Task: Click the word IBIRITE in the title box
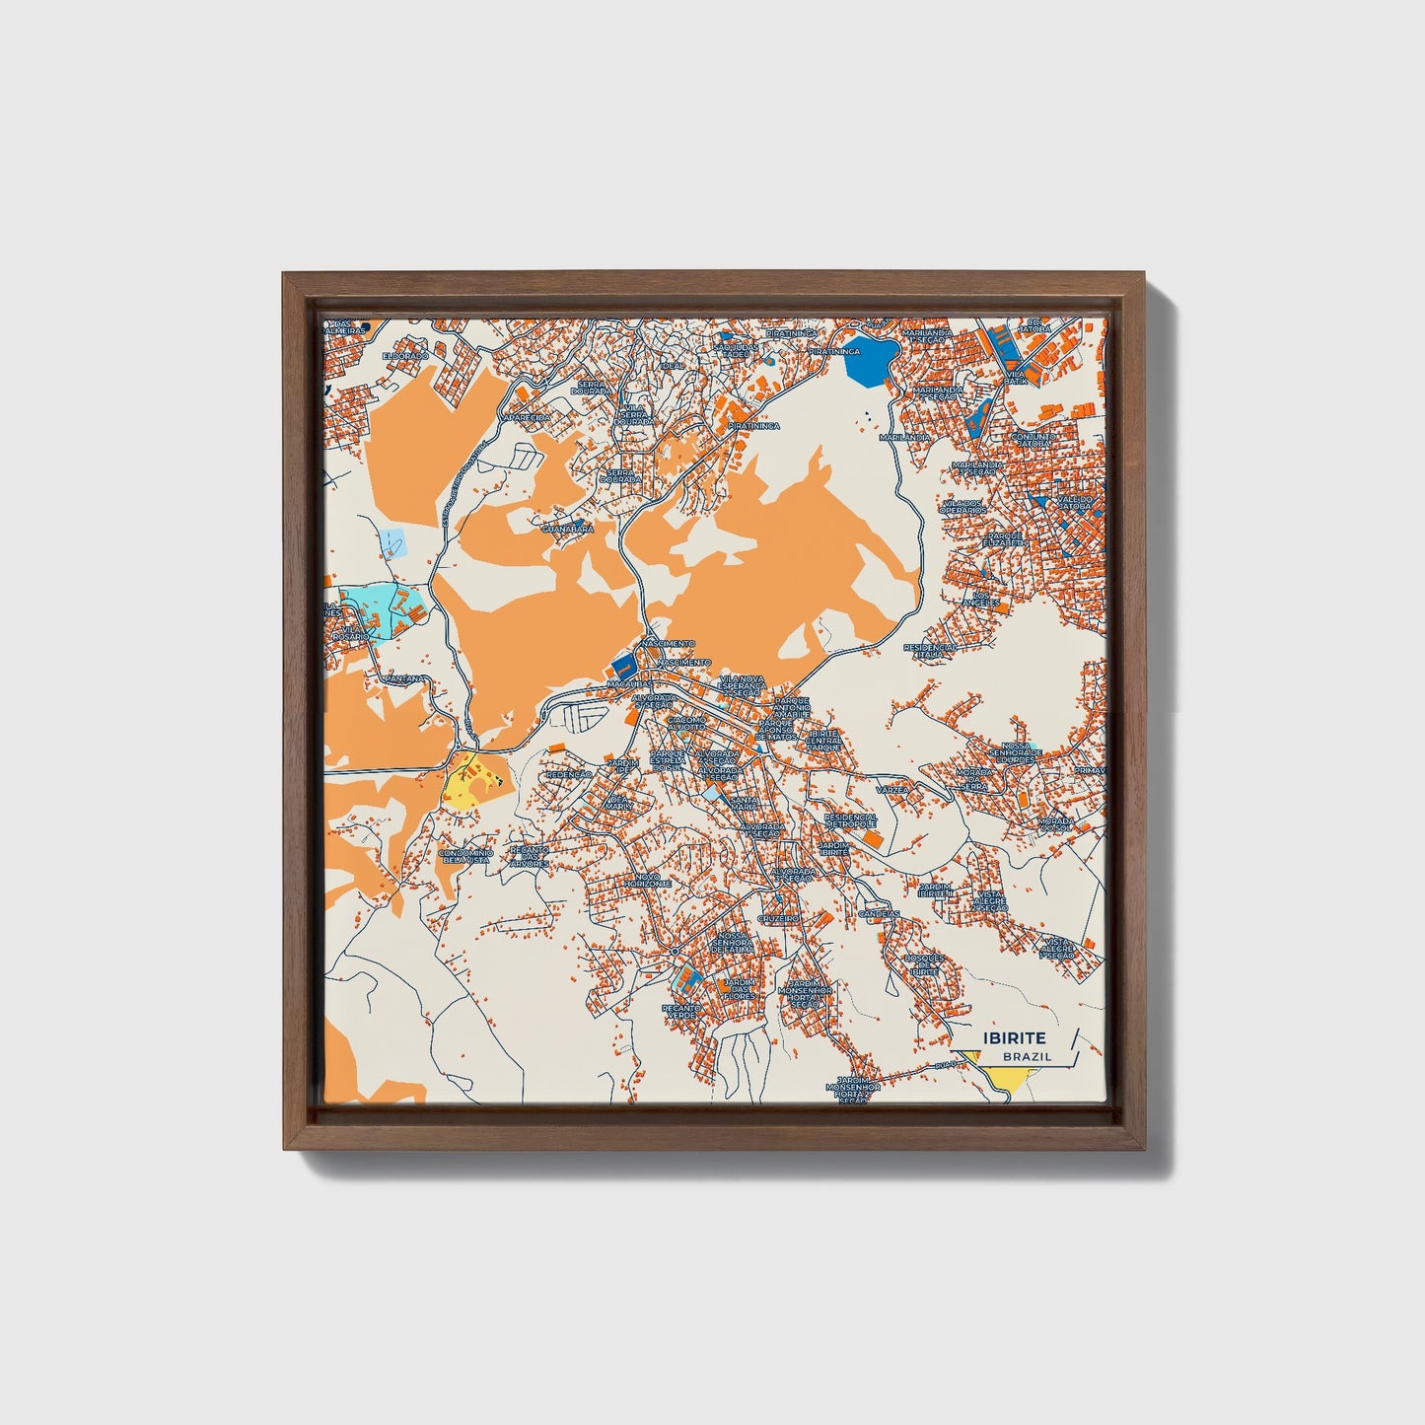pos(1014,1038)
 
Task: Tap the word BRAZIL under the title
pos(1027,1056)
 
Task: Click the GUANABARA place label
pos(568,530)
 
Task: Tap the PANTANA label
pos(406,678)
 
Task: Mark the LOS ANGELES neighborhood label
pos(986,599)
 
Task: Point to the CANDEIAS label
pos(880,913)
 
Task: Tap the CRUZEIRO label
pos(778,918)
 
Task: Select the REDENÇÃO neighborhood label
pos(569,775)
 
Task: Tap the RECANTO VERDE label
pos(681,1012)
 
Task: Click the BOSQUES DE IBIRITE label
pos(925,964)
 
